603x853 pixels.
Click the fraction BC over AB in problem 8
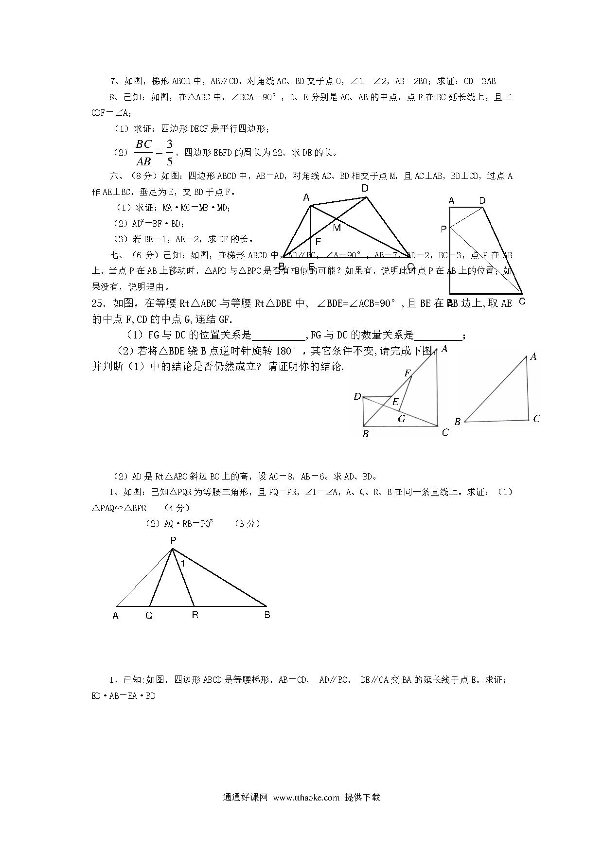144,153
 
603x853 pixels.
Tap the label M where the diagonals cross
337,227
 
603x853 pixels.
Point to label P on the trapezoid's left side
443,229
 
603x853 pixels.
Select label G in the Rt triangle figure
402,419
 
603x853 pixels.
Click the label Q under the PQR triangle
149,615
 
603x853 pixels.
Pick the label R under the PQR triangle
195,615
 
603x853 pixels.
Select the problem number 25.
98,303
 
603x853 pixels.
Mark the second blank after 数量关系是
439,336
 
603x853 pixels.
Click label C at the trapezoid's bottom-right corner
522,301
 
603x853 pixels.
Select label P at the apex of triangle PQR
173,540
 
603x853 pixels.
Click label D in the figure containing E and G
357,397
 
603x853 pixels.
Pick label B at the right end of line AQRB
267,615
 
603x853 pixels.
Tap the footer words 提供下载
362,798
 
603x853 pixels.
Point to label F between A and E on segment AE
319,241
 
